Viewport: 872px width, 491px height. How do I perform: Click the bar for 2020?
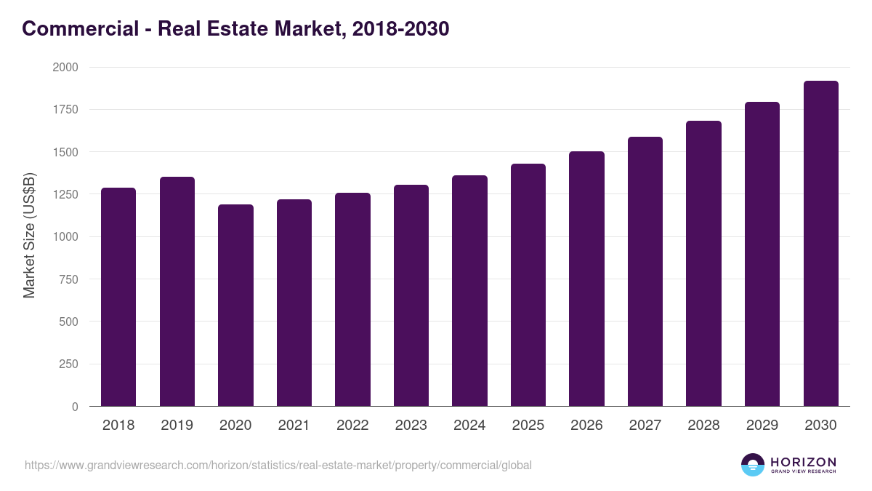[x=235, y=306]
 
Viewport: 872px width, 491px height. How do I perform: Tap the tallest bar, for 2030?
[x=820, y=244]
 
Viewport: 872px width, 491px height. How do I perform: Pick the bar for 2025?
[x=528, y=285]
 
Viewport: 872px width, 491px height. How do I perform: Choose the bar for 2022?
[x=352, y=300]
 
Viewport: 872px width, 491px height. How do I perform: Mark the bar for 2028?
[x=703, y=263]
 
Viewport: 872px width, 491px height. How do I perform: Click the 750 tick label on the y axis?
[x=68, y=279]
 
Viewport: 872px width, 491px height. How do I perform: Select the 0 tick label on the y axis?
[x=75, y=407]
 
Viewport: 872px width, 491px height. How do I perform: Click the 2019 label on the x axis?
[x=177, y=426]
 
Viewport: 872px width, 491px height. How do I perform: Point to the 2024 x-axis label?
[x=469, y=426]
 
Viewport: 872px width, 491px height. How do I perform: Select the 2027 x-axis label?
[x=645, y=426]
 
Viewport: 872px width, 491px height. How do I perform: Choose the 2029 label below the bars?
[x=762, y=426]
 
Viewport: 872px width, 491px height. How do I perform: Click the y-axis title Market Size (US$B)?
[x=29, y=236]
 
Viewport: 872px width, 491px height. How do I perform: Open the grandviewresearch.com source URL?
[x=278, y=465]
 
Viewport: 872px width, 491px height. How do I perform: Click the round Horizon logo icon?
[x=752, y=465]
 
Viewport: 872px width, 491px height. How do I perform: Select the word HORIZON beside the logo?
[x=802, y=461]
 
